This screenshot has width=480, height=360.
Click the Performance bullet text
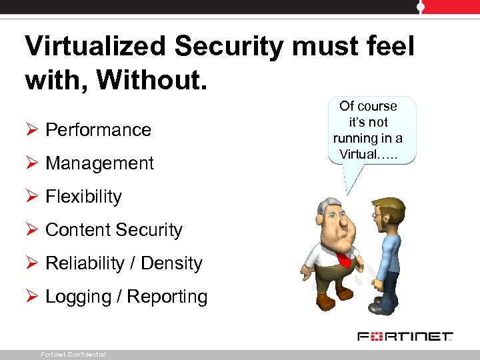pos(98,129)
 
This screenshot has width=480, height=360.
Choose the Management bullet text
pos(99,163)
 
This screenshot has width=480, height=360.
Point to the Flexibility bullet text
pos(83,196)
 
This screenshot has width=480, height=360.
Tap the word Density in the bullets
pos(173,263)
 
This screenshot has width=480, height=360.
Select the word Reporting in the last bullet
pos(167,296)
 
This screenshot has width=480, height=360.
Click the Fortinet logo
pos(405,336)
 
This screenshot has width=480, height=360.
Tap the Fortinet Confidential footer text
pos(73,355)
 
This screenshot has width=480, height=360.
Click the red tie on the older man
pos(344,259)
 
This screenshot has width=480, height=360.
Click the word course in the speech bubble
pos(377,106)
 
